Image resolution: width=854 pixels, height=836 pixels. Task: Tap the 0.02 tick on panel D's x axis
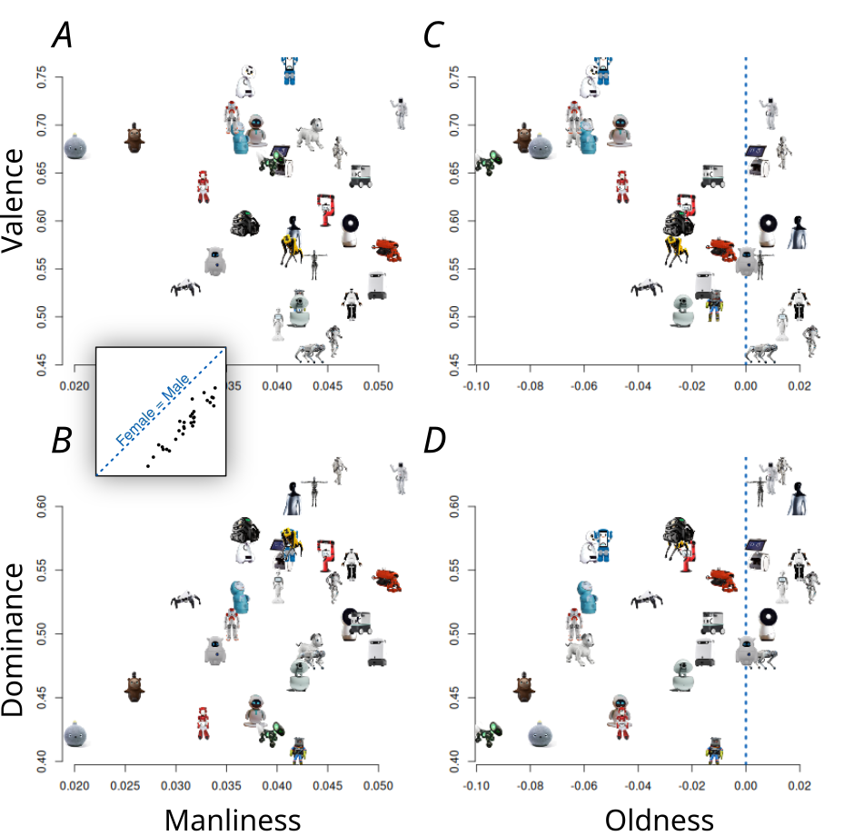(x=799, y=784)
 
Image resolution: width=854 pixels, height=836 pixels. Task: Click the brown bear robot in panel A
(x=134, y=137)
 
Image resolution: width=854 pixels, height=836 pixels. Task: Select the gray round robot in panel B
(x=76, y=733)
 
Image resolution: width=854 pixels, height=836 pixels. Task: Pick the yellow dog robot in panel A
(x=290, y=247)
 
